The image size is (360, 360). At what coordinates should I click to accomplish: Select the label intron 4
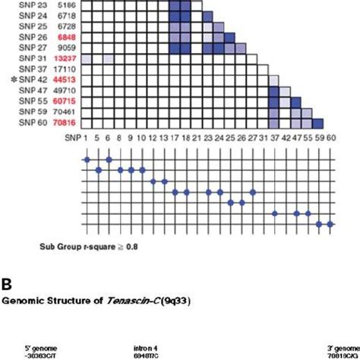click(147, 346)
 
